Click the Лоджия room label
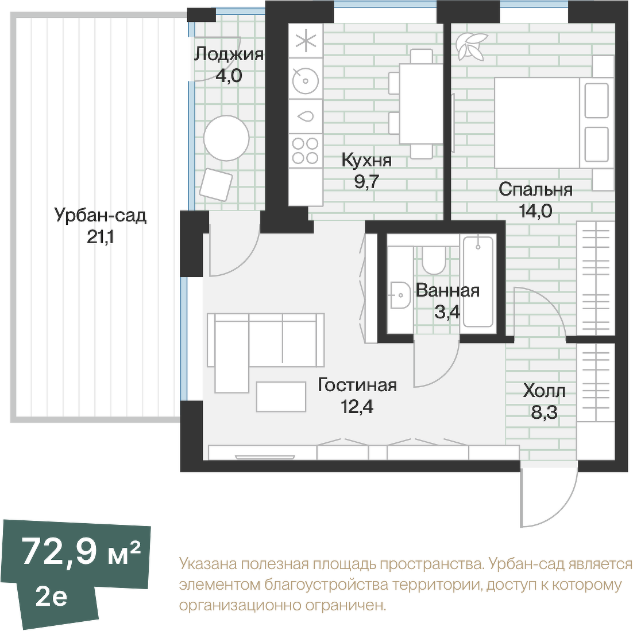point(229,54)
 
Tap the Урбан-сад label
point(101,216)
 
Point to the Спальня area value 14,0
point(535,211)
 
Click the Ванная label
point(447,291)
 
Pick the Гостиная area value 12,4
point(357,406)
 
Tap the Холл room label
point(544,391)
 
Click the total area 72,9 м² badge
point(81,551)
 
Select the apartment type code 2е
point(51,597)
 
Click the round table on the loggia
point(226,138)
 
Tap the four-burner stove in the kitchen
point(306,150)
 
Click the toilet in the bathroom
point(434,260)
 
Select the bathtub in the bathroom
point(478,282)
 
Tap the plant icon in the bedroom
point(471,46)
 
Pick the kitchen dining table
point(421,104)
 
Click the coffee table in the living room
point(281,396)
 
